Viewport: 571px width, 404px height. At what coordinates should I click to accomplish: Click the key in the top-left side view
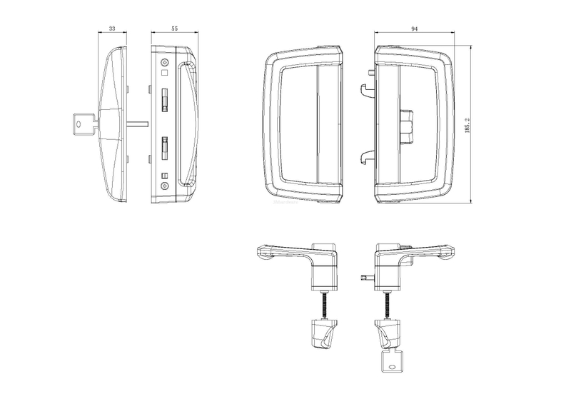click(84, 124)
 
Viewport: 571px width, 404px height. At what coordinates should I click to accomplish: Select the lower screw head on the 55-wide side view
click(165, 186)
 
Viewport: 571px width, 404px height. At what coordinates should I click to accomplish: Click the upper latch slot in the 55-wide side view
click(165, 101)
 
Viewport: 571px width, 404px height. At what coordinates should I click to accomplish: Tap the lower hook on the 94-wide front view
click(368, 156)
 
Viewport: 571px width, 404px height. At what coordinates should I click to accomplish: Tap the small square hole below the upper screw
click(165, 72)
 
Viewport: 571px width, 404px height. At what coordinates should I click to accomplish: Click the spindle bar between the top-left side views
click(138, 124)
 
